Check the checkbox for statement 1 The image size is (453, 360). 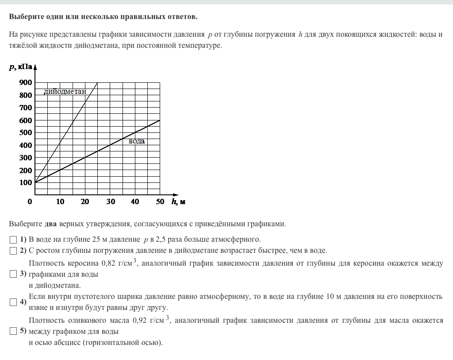coord(13,240)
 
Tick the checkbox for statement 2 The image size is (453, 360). coord(13,251)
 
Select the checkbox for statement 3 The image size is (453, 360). coord(13,274)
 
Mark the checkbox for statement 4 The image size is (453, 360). coord(13,302)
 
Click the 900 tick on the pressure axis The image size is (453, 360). coord(26,82)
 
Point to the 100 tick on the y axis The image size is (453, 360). coord(26,182)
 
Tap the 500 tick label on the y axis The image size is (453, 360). coord(26,132)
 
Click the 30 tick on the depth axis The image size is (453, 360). coord(111,202)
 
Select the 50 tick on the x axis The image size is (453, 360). coord(160,202)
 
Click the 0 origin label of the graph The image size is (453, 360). coord(30,202)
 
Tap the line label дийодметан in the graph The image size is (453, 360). coord(65,92)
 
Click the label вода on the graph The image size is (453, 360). coord(137,141)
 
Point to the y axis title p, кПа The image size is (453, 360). coord(20,67)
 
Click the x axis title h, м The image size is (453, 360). coord(178,202)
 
